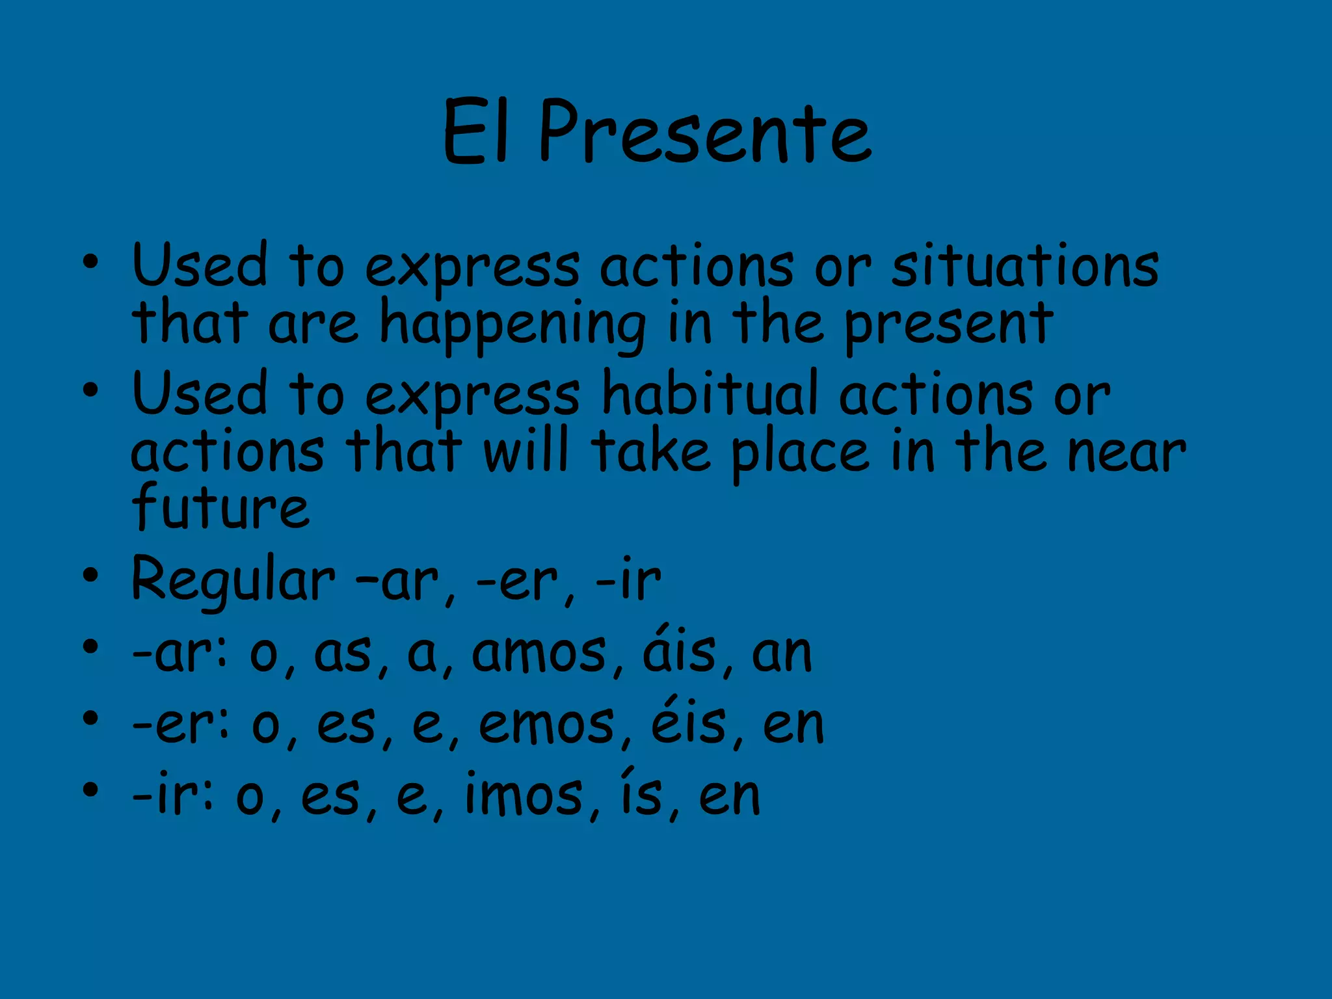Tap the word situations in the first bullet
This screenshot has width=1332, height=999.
(1024, 267)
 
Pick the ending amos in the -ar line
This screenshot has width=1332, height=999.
(539, 654)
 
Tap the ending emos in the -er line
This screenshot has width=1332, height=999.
(546, 725)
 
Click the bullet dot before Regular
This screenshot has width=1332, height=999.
(90, 576)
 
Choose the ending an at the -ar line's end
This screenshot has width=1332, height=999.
(782, 654)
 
